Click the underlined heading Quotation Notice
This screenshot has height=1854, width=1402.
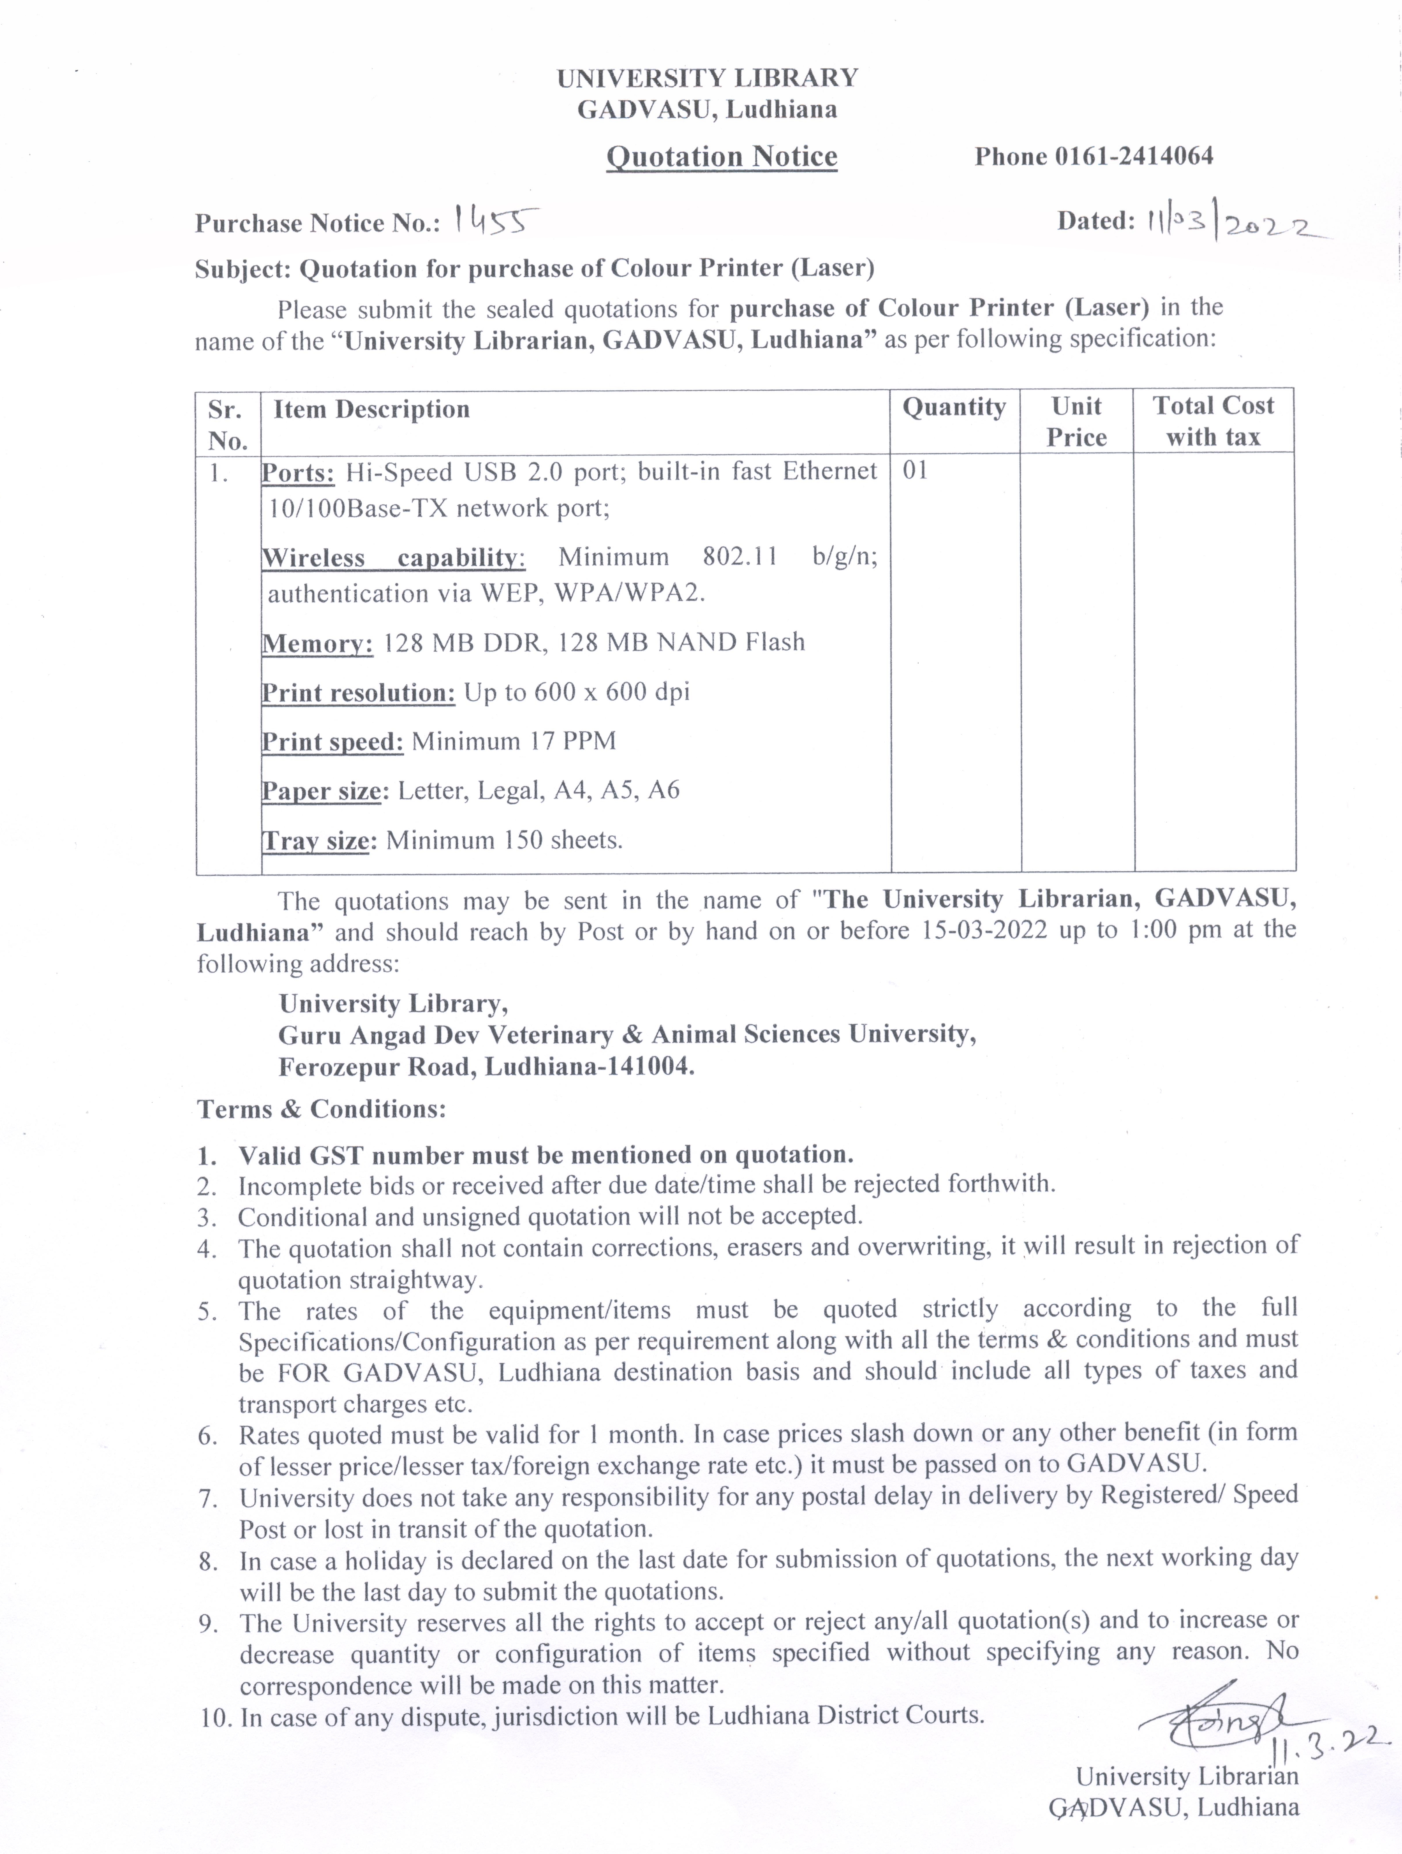click(x=722, y=157)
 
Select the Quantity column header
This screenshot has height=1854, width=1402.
click(x=954, y=407)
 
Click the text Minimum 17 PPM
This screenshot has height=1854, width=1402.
click(x=514, y=741)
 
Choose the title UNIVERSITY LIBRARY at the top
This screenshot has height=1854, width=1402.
click(x=707, y=78)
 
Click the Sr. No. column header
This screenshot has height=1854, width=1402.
click(x=227, y=425)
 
